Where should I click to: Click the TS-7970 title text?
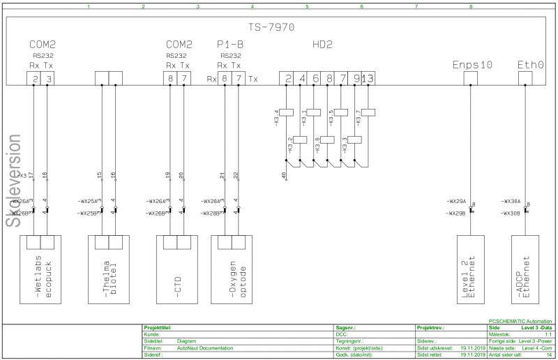tap(271, 28)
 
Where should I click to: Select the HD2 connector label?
tap(322, 45)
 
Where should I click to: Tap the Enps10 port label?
tap(472, 64)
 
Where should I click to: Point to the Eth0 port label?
tap(530, 64)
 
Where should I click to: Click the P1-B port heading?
tap(230, 45)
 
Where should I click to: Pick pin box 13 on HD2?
tap(368, 79)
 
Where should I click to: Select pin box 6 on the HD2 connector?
tap(316, 79)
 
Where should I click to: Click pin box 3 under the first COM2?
tap(49, 79)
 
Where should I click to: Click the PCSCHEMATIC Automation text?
tap(520, 321)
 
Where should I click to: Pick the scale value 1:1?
tap(548, 334)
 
